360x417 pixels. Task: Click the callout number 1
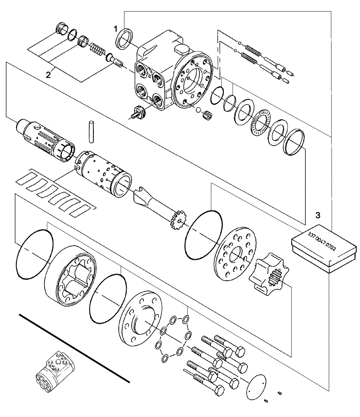tap(117, 28)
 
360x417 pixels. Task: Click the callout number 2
tap(49, 75)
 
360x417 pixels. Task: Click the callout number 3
tap(317, 216)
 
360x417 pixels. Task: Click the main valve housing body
tap(167, 73)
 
